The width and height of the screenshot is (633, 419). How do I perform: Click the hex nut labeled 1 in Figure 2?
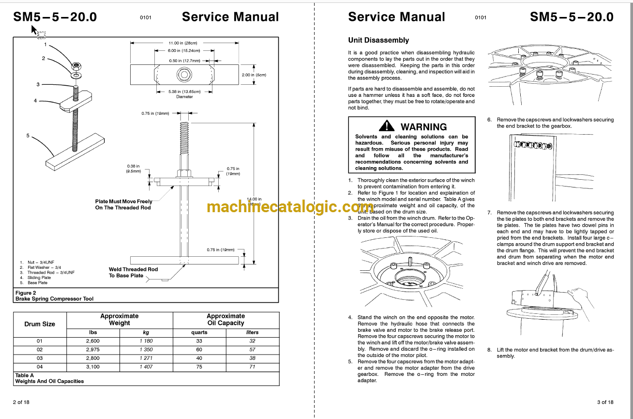[76, 65]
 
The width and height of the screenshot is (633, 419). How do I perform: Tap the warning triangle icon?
[387, 126]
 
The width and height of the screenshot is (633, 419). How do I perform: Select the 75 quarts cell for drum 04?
[199, 367]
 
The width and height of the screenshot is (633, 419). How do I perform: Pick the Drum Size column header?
[40, 324]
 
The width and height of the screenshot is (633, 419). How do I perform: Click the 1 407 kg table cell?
[146, 367]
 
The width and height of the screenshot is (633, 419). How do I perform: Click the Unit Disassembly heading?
[378, 40]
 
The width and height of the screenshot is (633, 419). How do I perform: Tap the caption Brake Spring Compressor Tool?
[54, 299]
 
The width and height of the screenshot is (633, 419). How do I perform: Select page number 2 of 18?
[21, 402]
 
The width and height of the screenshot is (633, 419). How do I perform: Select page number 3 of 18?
[605, 402]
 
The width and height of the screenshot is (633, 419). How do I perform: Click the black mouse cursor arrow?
[34, 30]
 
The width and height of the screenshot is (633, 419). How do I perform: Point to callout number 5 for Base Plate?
[28, 136]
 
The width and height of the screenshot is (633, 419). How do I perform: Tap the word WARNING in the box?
[423, 127]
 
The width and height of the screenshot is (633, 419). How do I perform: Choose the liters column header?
[252, 332]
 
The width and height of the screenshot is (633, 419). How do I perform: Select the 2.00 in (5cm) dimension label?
[254, 75]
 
